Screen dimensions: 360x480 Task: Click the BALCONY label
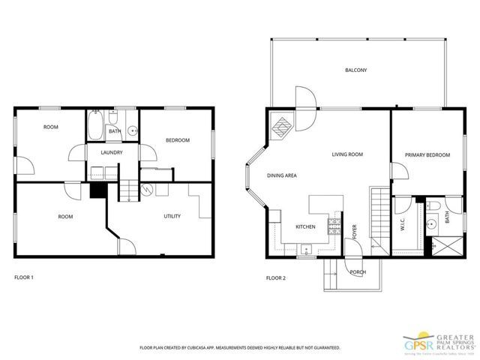[x=355, y=70]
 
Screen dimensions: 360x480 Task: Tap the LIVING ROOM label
[x=347, y=154]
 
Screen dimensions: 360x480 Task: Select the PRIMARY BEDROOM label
[x=427, y=155]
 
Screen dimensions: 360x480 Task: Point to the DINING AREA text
[x=282, y=176]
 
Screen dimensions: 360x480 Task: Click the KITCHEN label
[x=305, y=226]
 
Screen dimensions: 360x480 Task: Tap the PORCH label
[x=356, y=271]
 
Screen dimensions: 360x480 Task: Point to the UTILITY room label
[x=172, y=217]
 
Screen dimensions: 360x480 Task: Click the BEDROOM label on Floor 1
[x=177, y=140]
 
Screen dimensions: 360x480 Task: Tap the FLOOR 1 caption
[x=24, y=278]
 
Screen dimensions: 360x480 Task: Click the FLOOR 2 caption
[x=276, y=278]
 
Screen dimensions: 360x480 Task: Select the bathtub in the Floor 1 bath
[x=96, y=125]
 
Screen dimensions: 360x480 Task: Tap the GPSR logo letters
[x=415, y=344]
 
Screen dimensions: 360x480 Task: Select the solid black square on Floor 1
[x=96, y=191]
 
